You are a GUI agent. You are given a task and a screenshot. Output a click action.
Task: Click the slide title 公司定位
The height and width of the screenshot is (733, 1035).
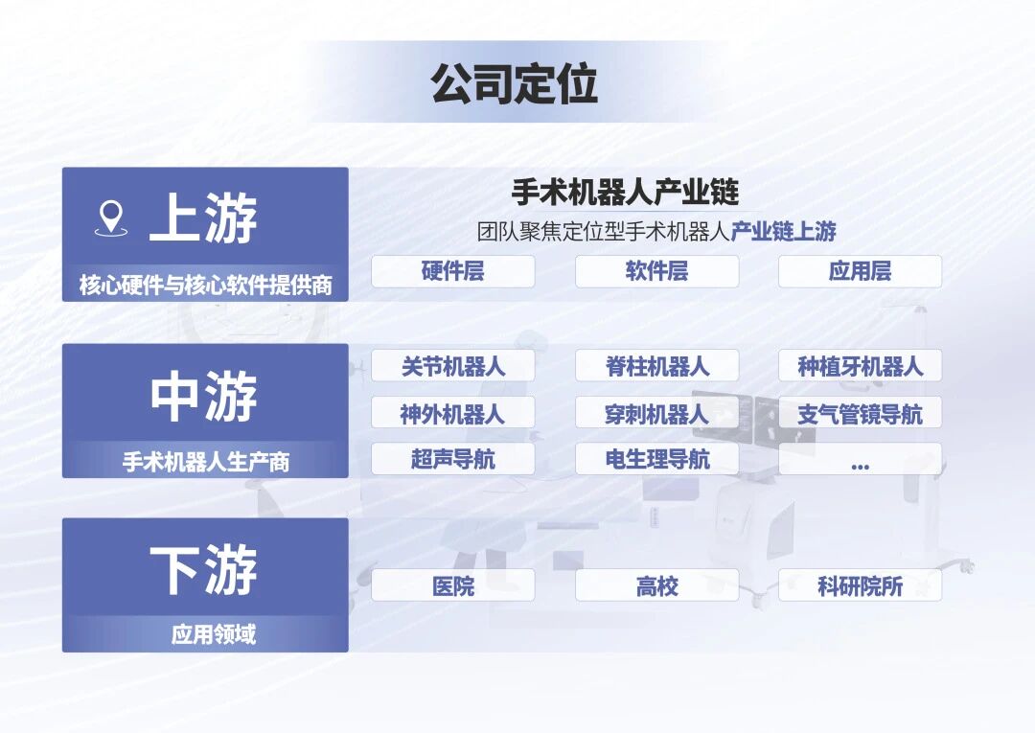[x=515, y=84]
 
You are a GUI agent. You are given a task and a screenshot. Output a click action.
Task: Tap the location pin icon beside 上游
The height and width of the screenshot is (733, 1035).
[x=111, y=218]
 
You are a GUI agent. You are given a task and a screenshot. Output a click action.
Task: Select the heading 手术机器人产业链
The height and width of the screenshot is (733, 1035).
[x=625, y=192]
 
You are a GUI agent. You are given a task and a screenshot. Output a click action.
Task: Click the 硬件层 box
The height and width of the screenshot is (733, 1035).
[x=452, y=271]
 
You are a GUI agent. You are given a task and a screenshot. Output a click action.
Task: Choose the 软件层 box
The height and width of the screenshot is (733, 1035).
[x=656, y=271]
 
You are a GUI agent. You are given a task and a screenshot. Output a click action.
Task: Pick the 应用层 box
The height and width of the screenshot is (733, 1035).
[x=860, y=271]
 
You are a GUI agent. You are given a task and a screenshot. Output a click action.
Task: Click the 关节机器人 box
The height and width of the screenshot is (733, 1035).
[x=452, y=366]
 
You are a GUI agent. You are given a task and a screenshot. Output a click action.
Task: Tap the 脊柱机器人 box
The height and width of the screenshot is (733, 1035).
[x=656, y=366]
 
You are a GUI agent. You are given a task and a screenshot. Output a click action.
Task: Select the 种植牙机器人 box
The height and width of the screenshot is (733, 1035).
[x=860, y=366]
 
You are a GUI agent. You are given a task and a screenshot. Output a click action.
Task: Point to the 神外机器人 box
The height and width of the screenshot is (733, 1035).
[x=452, y=413]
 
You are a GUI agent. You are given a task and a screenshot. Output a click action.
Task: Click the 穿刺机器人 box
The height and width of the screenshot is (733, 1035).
[x=656, y=413]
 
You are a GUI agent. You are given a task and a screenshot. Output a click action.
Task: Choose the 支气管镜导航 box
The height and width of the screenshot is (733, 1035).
[x=860, y=413]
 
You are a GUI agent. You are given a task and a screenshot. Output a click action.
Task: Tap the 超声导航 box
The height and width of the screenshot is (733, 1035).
[x=452, y=459]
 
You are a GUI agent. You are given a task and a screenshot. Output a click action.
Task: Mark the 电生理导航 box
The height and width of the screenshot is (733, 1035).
[x=656, y=459]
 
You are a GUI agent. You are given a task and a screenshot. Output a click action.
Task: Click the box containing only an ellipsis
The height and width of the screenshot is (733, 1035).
[x=860, y=459]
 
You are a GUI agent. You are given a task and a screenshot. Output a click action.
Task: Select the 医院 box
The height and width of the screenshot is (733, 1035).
[x=452, y=585]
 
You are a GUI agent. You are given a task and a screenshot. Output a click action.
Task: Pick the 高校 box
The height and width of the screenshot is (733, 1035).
[x=656, y=585]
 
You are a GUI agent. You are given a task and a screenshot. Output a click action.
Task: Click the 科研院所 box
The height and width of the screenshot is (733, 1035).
[x=860, y=585]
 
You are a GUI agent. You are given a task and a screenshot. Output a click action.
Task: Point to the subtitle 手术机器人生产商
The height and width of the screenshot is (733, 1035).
[x=205, y=462]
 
